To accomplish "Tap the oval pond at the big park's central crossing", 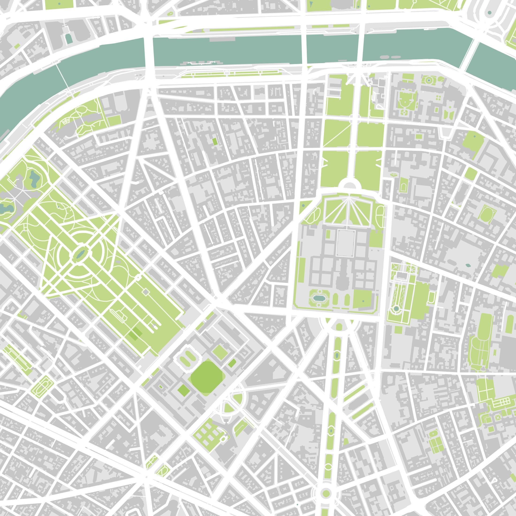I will coord(79,254).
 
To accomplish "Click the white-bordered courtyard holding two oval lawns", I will coord(186,357).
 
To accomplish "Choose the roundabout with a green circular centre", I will coord(325,493).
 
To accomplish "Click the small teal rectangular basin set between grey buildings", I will coord(69,39).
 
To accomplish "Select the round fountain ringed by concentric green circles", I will coord(429,80).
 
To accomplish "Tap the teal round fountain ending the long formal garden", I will coord(396,308).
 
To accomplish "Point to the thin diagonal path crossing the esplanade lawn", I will coord(337,133).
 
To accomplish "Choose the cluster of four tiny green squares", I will coord(438,98).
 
